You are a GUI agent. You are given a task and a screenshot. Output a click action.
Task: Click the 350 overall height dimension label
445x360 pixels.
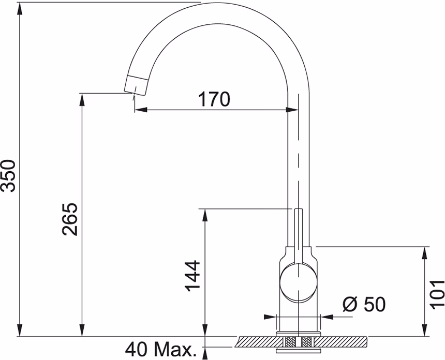click(8, 176)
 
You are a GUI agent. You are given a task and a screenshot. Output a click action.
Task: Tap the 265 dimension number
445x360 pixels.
click(70, 219)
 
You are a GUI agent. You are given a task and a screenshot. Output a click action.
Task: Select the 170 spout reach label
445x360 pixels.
click(214, 99)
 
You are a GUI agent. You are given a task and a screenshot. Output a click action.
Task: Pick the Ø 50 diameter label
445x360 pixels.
click(364, 304)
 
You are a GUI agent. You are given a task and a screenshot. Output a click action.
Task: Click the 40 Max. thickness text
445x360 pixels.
click(161, 349)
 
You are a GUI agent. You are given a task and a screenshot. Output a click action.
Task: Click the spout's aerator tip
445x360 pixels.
click(137, 85)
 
